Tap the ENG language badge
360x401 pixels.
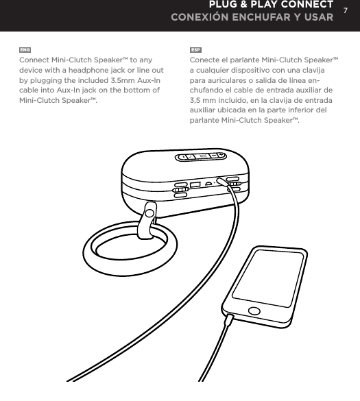[25, 50]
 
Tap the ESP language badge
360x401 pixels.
[195, 50]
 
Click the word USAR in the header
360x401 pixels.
[315, 17]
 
